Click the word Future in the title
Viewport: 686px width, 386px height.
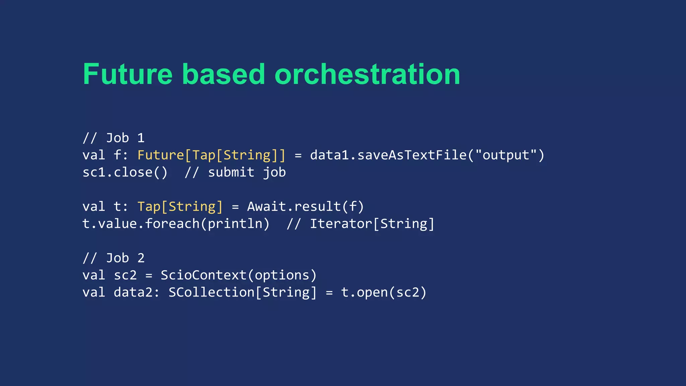128,74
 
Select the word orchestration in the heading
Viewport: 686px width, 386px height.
367,74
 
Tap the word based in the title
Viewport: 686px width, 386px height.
223,74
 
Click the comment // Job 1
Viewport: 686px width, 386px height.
114,138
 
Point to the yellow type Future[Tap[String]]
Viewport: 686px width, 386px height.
211,155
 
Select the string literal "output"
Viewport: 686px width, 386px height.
506,155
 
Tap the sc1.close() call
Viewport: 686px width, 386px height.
125,172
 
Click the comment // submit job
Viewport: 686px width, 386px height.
235,172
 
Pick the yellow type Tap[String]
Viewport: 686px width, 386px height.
180,206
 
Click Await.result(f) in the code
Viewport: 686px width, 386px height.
305,206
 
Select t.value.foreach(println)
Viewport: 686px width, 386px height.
176,223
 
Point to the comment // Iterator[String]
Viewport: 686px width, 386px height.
360,223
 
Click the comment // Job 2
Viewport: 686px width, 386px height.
114,258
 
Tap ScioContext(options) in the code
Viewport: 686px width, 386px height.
238,275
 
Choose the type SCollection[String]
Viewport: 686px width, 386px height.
243,292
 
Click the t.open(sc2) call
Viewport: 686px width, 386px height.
384,292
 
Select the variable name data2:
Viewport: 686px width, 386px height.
137,292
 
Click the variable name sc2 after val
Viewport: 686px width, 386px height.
125,275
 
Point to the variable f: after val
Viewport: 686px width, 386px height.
121,155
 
